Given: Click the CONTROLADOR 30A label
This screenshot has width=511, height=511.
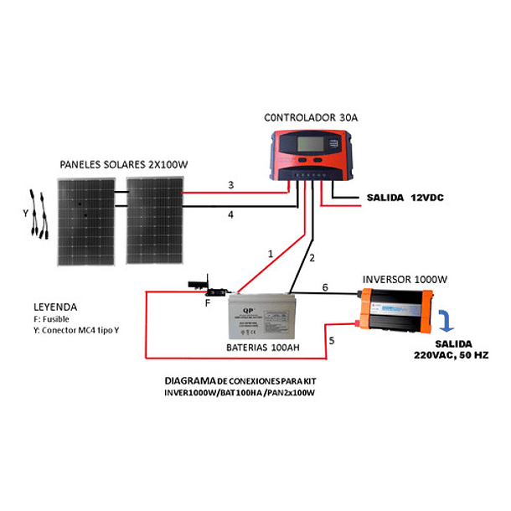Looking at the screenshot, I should tap(311, 118).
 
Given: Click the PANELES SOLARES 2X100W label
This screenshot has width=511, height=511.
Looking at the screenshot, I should tap(123, 164).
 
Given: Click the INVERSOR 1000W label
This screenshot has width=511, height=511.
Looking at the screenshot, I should tap(406, 278).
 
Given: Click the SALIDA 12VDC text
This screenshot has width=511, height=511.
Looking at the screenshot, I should tap(405, 198).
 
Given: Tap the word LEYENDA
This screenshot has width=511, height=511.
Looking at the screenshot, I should tap(55, 307).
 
